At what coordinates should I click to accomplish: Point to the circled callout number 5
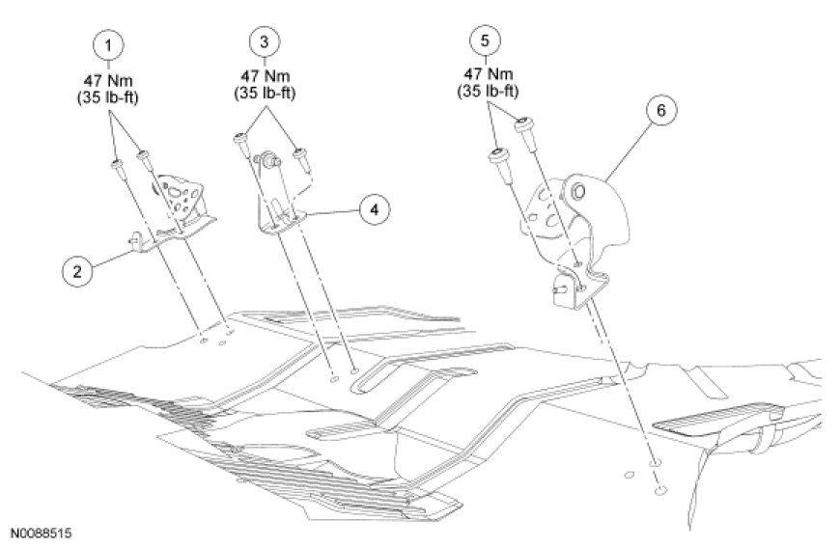pos(485,41)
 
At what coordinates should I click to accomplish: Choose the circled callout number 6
pos(660,111)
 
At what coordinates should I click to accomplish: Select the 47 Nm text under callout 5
pos(485,75)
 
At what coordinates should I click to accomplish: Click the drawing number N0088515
pos(42,532)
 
